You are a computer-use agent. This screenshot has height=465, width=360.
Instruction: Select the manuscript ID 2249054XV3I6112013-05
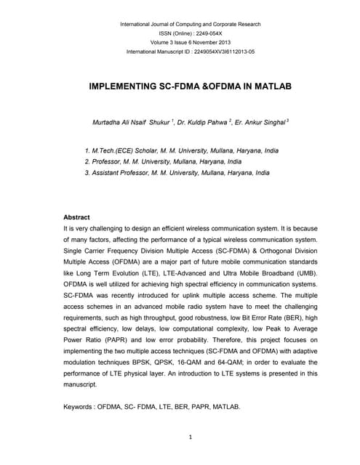pos(217,52)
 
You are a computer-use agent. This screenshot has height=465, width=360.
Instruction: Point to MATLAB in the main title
pos(270,86)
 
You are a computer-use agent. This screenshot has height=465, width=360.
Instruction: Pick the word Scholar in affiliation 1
pos(143,150)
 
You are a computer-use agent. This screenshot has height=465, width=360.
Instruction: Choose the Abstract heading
pos(77,217)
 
